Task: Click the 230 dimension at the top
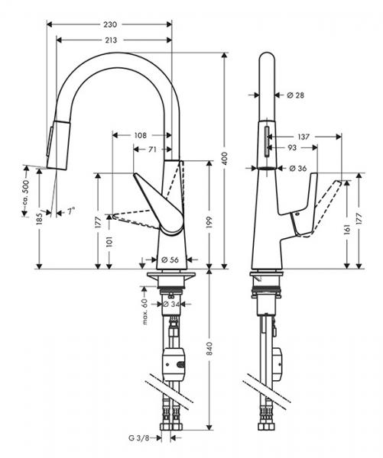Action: point(110,24)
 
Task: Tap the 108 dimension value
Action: point(139,135)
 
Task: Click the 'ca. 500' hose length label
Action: point(25,191)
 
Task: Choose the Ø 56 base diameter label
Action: point(170,259)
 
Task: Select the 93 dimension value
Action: point(292,147)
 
